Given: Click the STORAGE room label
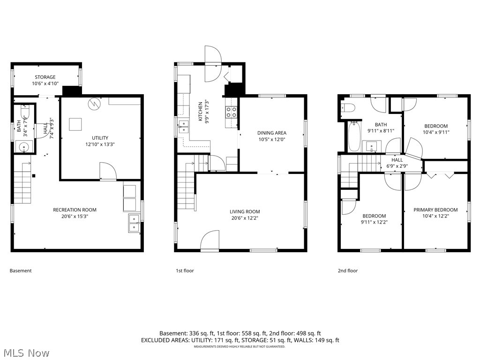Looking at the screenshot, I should (45, 77).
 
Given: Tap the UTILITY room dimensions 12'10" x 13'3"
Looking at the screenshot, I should (100, 144).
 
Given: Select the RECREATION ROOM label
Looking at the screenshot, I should (75, 210).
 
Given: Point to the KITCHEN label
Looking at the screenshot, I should (200, 112).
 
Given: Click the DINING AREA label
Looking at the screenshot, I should (271, 133).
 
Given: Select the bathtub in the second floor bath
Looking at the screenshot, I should (353, 135).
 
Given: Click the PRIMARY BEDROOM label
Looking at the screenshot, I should (435, 210).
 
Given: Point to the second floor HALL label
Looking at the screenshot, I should (397, 160).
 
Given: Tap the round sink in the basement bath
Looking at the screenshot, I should (24, 147).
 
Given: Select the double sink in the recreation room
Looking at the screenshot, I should (135, 222).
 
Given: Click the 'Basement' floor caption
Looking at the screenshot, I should (21, 270).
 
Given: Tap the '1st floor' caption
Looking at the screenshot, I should (185, 270).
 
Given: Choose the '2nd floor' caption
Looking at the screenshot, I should (348, 270).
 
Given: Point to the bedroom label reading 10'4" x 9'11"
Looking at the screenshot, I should (436, 132).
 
